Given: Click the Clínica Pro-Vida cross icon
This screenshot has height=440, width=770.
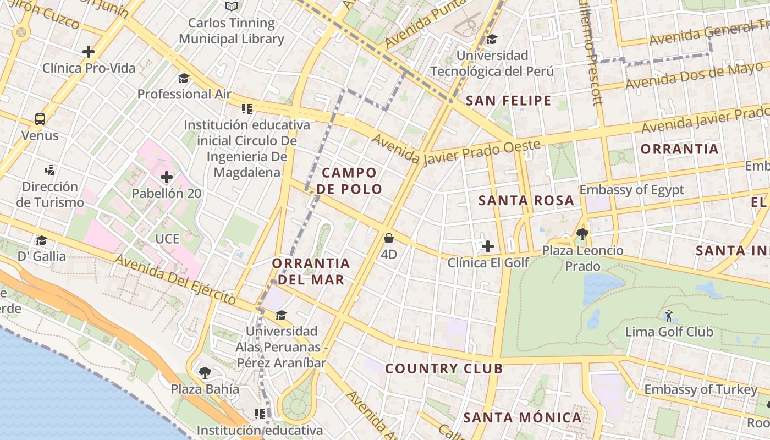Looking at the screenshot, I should [89, 52].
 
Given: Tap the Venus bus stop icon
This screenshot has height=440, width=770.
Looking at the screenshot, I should [40, 119].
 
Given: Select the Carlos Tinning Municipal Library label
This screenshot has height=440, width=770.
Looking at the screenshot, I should [232, 31].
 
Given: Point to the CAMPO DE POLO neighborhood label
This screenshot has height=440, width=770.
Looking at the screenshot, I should [349, 181].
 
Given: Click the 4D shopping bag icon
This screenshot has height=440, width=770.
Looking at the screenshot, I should [389, 238].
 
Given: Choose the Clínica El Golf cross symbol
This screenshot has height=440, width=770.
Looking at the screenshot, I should [487, 246].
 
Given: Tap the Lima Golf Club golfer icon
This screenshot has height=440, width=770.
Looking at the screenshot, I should [669, 316].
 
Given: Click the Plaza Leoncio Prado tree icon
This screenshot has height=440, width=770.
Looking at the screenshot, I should [582, 234].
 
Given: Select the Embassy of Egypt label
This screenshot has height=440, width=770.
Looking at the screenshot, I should [632, 190].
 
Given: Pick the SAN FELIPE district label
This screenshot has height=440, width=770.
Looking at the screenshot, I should [508, 100].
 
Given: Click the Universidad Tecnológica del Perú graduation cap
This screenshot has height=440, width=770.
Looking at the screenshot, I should [492, 39].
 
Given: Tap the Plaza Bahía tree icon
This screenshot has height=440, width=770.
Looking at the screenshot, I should [205, 373].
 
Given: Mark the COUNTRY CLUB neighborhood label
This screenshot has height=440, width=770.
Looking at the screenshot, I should [444, 369].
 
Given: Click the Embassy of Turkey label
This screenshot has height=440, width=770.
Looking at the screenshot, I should [701, 390].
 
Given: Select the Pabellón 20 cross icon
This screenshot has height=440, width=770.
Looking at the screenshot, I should [167, 177].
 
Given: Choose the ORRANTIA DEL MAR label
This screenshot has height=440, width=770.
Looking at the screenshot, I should [311, 271].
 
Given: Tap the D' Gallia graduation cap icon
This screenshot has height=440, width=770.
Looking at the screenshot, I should [41, 240].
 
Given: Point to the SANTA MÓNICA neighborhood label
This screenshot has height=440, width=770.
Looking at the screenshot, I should [522, 417].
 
